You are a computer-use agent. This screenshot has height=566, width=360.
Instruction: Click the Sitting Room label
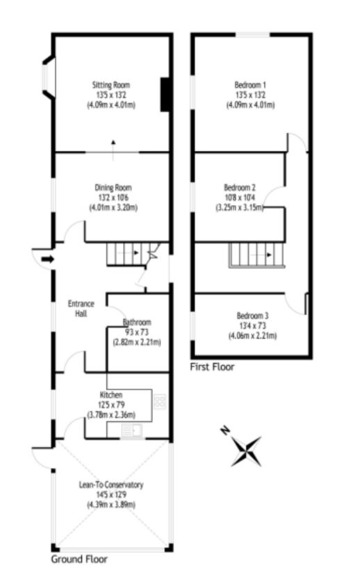111,82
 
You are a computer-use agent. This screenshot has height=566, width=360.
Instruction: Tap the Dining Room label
113,187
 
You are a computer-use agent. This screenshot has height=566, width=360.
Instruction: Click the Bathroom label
137,323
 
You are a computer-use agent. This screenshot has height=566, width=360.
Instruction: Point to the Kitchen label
111,395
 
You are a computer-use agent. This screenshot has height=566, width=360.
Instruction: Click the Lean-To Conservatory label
111,485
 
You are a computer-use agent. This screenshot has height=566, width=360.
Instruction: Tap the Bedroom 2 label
240,187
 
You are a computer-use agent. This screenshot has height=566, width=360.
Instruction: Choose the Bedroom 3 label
252,316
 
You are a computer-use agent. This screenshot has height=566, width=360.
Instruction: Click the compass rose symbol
247,450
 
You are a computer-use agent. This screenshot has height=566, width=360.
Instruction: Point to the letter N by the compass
224,431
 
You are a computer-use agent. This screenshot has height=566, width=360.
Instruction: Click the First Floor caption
212,366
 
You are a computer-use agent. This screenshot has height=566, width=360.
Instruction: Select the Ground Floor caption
79,558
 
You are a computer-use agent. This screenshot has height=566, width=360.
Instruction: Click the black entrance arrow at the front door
47,259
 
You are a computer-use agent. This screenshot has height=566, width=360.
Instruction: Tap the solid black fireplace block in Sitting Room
166,94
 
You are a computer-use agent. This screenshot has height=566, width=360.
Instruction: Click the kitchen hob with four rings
159,401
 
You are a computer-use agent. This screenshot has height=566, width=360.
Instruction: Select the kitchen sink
131,430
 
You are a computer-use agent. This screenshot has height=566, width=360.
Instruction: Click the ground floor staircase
129,254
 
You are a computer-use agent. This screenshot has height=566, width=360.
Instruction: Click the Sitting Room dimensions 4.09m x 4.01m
111,105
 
